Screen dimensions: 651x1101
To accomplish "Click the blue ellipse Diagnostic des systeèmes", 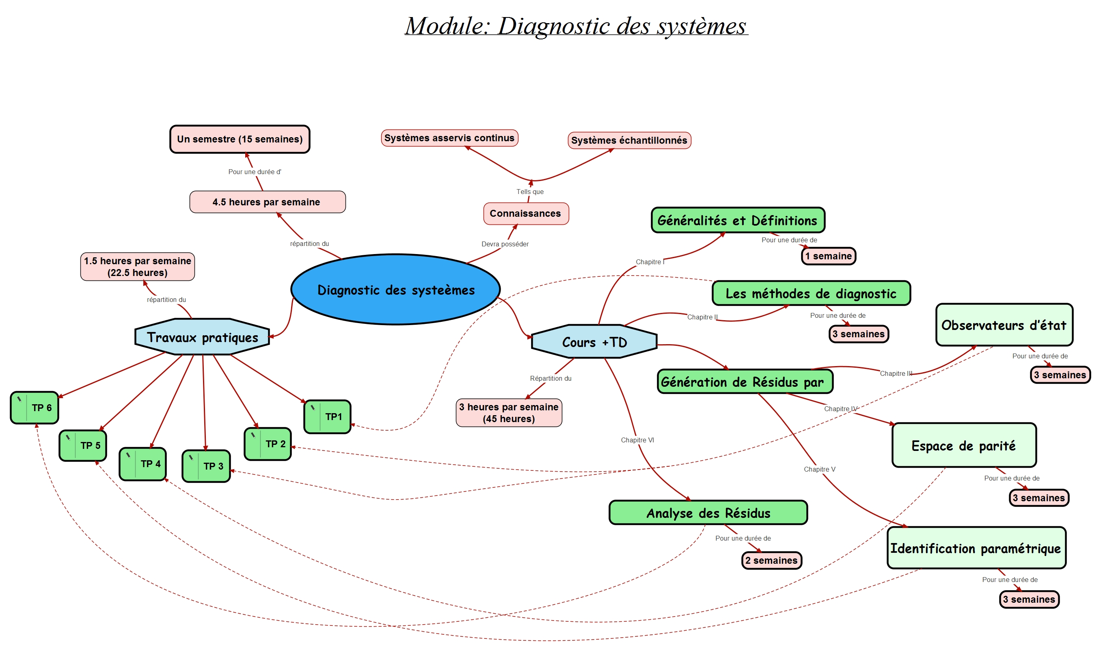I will pyautogui.click(x=395, y=289).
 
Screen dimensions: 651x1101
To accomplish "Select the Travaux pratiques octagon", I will pyautogui.click(x=202, y=337).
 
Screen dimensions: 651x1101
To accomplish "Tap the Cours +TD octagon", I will pyautogui.click(x=594, y=342).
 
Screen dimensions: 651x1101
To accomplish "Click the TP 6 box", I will pyautogui.click(x=35, y=407).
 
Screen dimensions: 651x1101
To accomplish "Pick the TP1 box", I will pyautogui.click(x=327, y=416).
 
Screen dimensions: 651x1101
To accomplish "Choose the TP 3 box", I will pyautogui.click(x=206, y=466).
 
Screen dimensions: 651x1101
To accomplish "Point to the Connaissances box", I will pyautogui.click(x=525, y=213).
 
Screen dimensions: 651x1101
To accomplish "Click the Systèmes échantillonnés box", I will pyautogui.click(x=629, y=140).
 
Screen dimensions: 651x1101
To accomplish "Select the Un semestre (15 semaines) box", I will pyautogui.click(x=240, y=139).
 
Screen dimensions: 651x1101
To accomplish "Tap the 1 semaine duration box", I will pyautogui.click(x=828, y=256).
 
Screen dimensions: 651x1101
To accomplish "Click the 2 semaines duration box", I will pyautogui.click(x=771, y=560).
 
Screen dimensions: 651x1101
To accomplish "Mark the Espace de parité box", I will pyautogui.click(x=964, y=446).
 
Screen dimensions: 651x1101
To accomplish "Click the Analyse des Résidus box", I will pyautogui.click(x=708, y=512).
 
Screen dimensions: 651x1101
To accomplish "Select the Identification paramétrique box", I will pyautogui.click(x=976, y=548).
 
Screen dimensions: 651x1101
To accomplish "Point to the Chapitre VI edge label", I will pyautogui.click(x=637, y=440).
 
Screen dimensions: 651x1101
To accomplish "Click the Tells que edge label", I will pyautogui.click(x=530, y=192).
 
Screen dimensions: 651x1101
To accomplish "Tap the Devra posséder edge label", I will pyautogui.click(x=505, y=244).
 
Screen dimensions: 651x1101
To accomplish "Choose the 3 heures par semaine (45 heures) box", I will pyautogui.click(x=509, y=412).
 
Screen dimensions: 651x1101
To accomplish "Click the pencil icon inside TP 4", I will pyautogui.click(x=128, y=455).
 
